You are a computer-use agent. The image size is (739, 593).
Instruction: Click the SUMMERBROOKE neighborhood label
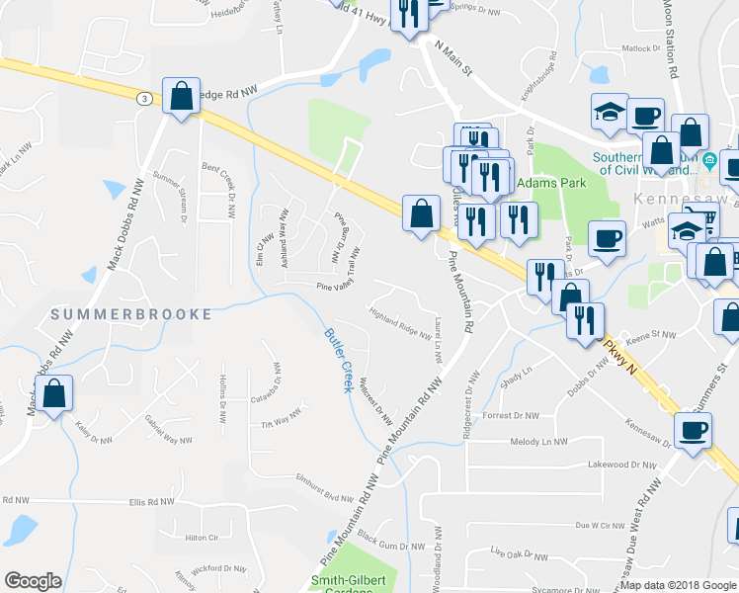pos(131,314)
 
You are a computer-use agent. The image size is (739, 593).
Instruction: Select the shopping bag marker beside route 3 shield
pos(182,98)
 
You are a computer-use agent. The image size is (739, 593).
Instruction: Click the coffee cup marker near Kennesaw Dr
pos(693,431)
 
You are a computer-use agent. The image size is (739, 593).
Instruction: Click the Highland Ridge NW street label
pos(399,323)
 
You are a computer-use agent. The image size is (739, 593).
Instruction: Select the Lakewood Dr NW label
pos(622,464)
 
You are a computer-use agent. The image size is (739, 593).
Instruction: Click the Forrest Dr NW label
pos(511,416)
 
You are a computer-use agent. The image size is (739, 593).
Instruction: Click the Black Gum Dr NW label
pos(390,542)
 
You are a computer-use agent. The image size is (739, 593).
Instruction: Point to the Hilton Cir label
pos(200,537)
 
